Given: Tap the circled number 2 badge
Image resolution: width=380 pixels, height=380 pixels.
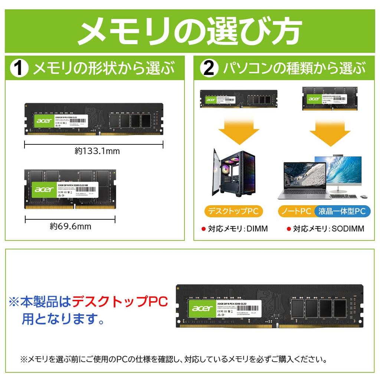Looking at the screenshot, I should [x=209, y=68].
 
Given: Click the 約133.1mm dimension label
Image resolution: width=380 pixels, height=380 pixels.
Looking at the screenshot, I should [x=97, y=151].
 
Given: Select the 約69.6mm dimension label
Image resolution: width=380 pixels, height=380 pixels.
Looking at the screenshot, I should [x=71, y=226].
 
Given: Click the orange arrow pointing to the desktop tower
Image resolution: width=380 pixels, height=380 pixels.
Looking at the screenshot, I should [x=239, y=131].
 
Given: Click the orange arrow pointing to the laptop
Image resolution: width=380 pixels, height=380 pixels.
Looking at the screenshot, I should [x=330, y=131].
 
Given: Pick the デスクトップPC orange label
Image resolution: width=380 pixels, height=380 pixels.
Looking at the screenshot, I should [x=233, y=212].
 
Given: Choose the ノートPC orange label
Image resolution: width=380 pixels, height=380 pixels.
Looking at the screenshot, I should [x=295, y=212].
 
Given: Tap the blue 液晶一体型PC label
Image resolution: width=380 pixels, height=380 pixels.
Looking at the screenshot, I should [x=342, y=212].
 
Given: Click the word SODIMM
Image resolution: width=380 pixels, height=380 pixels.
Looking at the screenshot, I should [x=348, y=229].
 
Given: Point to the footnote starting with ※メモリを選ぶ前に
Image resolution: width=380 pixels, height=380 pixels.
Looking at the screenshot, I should [x=174, y=359].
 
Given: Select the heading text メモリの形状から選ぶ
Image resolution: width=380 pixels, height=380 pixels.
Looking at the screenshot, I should [x=104, y=68].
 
